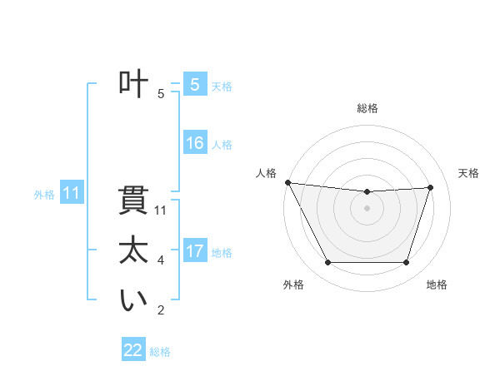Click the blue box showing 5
(x=194, y=84)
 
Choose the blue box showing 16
(x=194, y=143)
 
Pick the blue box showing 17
(x=194, y=251)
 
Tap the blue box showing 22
(x=133, y=350)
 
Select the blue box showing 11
(x=72, y=194)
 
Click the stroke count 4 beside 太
(x=161, y=260)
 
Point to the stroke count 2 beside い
(x=161, y=310)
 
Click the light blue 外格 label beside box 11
(x=44, y=195)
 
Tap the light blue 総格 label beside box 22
(x=161, y=352)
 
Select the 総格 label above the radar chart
(x=367, y=108)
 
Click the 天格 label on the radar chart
(x=469, y=173)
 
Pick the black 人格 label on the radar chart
(x=266, y=173)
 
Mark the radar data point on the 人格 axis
(x=287, y=182)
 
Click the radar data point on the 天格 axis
(x=431, y=187)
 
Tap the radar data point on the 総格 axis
(x=367, y=192)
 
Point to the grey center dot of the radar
(x=367, y=208)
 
